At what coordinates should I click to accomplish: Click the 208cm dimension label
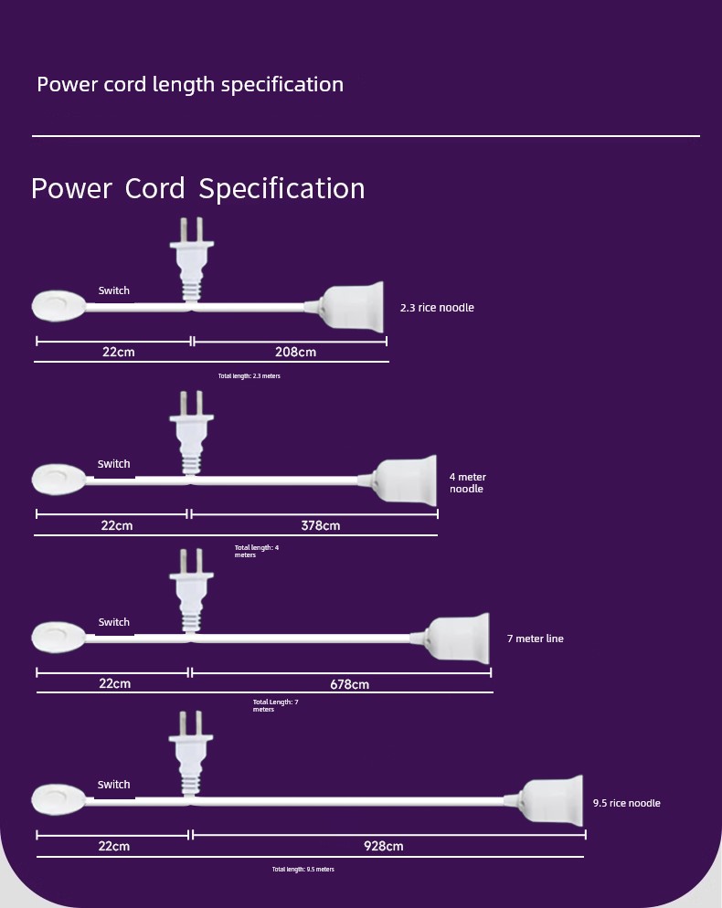pyautogui.click(x=295, y=352)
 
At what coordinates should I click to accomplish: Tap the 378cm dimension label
pyautogui.click(x=321, y=525)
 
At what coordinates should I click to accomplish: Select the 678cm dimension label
pyautogui.click(x=349, y=684)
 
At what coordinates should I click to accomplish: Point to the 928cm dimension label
pyautogui.click(x=384, y=846)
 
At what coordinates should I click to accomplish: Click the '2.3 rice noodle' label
pyautogui.click(x=437, y=308)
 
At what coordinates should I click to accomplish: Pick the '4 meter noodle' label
pyautogui.click(x=468, y=483)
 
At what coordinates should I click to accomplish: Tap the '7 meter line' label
pyautogui.click(x=536, y=639)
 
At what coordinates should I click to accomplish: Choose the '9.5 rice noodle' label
pyautogui.click(x=626, y=803)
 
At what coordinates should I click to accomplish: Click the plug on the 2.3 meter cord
pyautogui.click(x=192, y=259)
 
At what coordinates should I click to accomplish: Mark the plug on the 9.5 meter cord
pyautogui.click(x=191, y=754)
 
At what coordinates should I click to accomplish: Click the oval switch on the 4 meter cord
pyautogui.click(x=58, y=480)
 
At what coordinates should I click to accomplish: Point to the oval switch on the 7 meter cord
pyautogui.click(x=58, y=638)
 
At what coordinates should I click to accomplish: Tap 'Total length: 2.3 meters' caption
pyautogui.click(x=250, y=375)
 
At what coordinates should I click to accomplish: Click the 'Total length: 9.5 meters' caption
pyautogui.click(x=303, y=870)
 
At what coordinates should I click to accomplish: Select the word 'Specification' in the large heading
pyautogui.click(x=281, y=189)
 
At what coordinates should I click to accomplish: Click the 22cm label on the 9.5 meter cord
pyautogui.click(x=114, y=846)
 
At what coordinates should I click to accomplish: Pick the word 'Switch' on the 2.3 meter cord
pyautogui.click(x=113, y=290)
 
